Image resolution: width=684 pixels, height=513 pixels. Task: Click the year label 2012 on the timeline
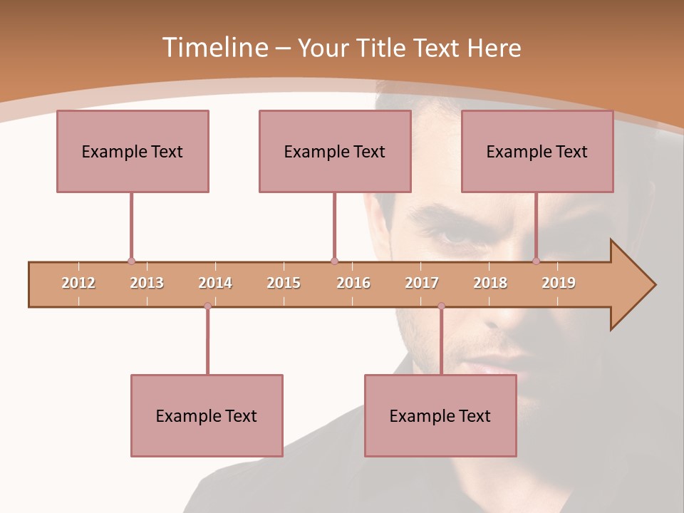[78, 283]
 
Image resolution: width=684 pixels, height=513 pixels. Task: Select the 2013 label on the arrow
[147, 283]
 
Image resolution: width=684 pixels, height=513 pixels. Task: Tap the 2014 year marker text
[215, 283]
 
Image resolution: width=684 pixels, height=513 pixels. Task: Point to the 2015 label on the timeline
[284, 283]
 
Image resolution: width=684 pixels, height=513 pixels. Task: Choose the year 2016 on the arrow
[353, 283]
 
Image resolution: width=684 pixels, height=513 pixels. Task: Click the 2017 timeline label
[422, 283]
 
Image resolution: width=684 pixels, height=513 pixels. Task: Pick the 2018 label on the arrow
[490, 283]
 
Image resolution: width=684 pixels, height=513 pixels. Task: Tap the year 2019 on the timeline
[559, 283]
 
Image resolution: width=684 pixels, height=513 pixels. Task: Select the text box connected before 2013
[133, 151]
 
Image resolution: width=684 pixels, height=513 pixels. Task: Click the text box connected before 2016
[335, 151]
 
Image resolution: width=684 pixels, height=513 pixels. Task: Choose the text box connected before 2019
[537, 151]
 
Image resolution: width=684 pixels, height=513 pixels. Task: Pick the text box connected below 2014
[207, 415]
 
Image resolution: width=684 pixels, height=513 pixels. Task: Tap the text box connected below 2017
[440, 415]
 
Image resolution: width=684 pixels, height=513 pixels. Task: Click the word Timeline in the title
[214, 48]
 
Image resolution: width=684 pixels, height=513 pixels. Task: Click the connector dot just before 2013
[131, 261]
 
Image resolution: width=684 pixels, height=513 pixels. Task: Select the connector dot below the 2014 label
[207, 306]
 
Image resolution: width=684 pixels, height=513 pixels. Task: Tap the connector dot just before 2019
[536, 261]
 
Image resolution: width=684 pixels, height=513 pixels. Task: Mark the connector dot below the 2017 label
[441, 306]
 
